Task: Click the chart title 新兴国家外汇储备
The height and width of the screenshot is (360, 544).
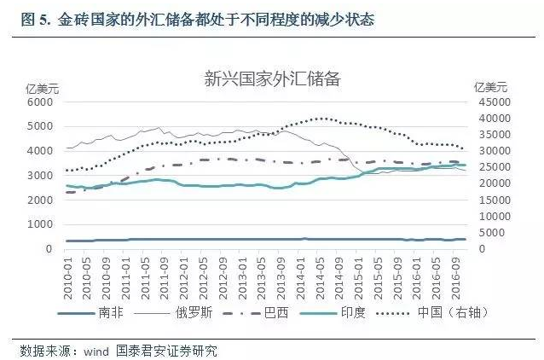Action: point(272,81)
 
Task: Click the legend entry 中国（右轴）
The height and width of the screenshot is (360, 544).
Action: point(467,313)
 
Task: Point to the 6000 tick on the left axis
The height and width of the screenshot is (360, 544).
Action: point(40,102)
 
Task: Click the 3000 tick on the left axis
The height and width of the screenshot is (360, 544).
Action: point(40,176)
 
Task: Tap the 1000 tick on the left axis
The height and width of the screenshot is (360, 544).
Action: point(40,224)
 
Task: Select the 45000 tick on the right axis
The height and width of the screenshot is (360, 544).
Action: point(494,102)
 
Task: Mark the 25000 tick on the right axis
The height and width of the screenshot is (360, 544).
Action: point(494,167)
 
